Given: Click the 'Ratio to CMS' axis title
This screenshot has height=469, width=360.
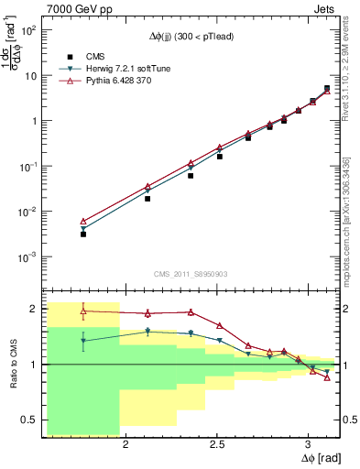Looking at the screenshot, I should (12, 365).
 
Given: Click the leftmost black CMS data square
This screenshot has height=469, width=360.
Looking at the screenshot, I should (83, 234).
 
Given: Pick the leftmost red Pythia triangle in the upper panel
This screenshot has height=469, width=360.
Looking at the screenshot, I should (83, 222).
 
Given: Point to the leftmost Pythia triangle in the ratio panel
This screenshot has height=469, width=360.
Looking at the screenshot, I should (83, 311).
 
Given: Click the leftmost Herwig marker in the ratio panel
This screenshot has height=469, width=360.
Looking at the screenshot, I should (83, 341).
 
